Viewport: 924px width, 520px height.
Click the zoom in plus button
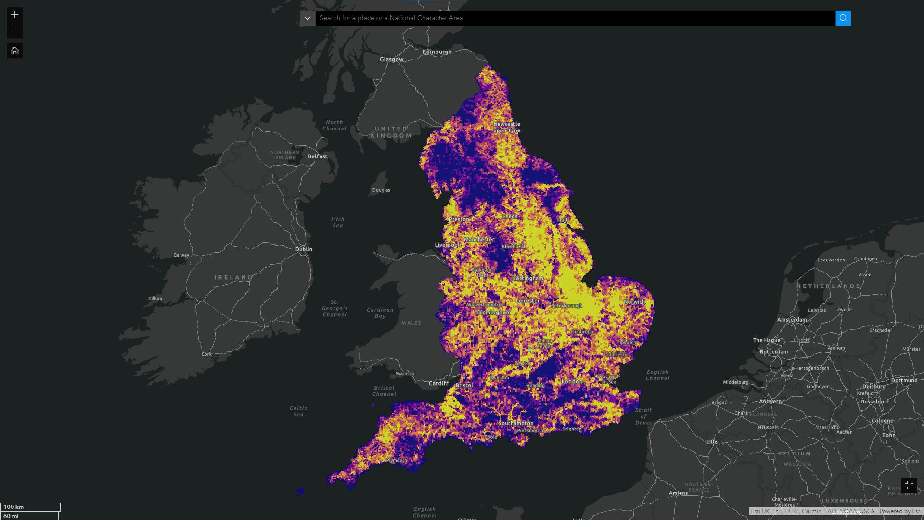click(15, 15)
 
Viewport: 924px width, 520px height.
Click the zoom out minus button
click(15, 30)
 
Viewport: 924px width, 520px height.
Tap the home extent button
click(15, 51)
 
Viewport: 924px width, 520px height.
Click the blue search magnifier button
click(843, 18)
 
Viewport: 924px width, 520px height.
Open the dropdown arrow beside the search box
click(308, 18)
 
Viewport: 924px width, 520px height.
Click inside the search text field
click(573, 18)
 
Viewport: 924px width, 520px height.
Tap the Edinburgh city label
click(436, 52)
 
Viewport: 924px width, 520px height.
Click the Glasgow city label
click(391, 59)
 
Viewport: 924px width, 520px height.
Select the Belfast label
click(317, 156)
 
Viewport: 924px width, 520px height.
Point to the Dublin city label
click(304, 249)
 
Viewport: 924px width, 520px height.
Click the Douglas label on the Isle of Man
click(381, 190)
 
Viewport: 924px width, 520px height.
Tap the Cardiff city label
click(438, 383)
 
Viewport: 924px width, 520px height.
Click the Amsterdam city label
click(792, 319)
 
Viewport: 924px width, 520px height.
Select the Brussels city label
click(768, 427)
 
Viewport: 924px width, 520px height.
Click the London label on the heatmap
click(572, 381)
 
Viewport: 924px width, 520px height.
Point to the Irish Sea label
click(337, 222)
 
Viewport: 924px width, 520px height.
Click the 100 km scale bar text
click(13, 507)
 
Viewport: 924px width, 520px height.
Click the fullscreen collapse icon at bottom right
click(909, 485)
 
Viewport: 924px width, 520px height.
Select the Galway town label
click(181, 255)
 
